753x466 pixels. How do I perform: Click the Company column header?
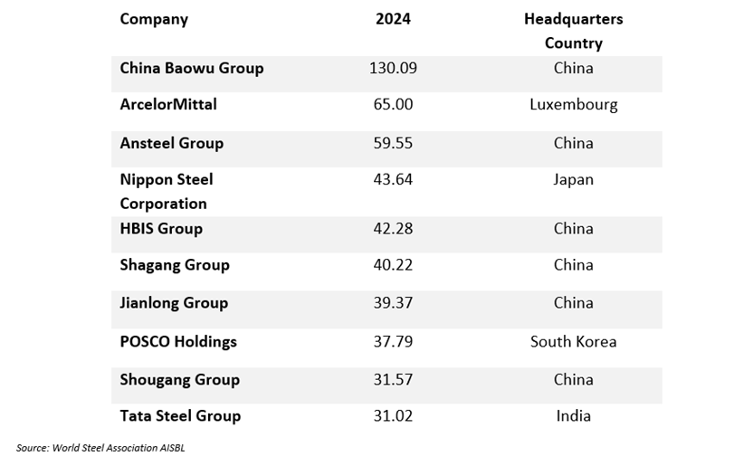[x=154, y=19]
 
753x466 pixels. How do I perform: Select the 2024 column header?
[x=393, y=19]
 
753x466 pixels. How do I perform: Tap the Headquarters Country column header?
[x=573, y=31]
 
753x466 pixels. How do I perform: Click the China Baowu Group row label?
[x=192, y=68]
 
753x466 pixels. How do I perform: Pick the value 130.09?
[x=393, y=68]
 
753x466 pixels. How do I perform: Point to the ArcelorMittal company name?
[x=168, y=104]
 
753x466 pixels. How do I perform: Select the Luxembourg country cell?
[x=573, y=104]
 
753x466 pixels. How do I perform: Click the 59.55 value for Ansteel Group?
[x=393, y=143]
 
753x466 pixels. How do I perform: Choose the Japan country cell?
[x=573, y=179]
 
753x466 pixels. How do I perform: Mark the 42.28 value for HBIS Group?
[x=393, y=228]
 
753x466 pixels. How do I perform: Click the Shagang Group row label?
[x=175, y=264]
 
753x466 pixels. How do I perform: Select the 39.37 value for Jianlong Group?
[x=393, y=302]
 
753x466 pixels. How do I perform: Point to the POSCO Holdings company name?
[x=178, y=341]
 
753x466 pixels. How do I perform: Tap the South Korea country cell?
[x=573, y=341]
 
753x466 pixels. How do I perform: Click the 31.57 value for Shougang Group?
[x=393, y=379]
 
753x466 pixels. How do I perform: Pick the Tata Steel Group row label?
[x=180, y=415]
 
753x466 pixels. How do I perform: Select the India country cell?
[x=573, y=415]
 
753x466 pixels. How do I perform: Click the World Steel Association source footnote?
[x=100, y=447]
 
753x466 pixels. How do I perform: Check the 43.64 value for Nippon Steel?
[x=393, y=179]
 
